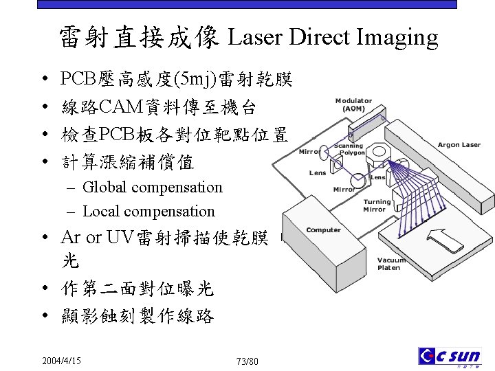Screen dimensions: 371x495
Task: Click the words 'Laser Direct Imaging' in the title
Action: pos(332,38)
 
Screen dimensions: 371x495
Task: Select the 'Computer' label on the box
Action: pos(323,229)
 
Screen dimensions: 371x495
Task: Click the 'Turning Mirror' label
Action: pos(376,205)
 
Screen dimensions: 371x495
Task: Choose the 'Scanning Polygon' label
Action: pos(351,149)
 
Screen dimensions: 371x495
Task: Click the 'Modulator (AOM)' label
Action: pos(354,104)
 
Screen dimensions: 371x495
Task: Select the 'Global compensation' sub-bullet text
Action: pos(153,187)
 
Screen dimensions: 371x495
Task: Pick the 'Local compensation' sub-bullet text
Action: pos(148,211)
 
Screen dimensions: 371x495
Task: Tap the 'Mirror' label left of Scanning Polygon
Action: pos(309,151)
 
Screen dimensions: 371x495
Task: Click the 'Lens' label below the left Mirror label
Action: pos(317,172)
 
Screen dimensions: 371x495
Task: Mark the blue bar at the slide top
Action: pos(247,4)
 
